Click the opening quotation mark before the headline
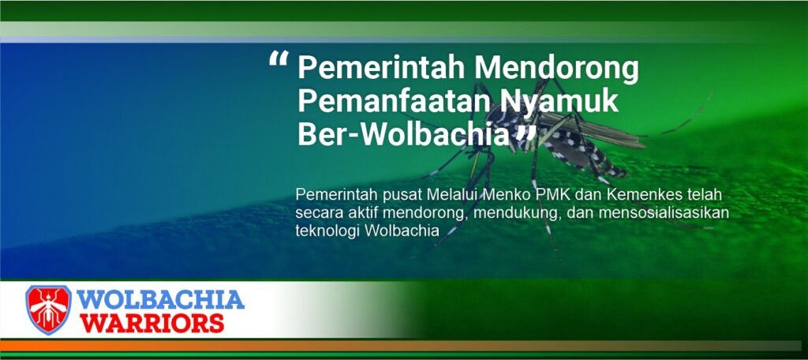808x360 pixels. tap(279, 58)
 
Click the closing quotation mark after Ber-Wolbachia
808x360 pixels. tap(526, 135)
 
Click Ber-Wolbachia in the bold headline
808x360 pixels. tap(404, 135)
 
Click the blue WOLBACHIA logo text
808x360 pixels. tap(160, 299)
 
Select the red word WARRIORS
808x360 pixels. tap(152, 323)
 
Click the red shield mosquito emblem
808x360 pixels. tap(48, 309)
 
